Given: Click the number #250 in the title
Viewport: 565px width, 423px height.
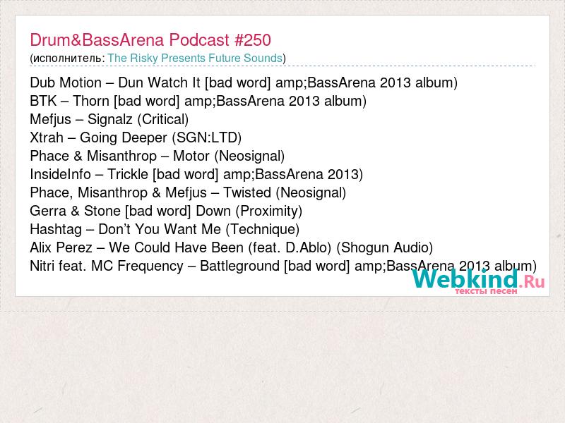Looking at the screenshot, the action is pos(253,40).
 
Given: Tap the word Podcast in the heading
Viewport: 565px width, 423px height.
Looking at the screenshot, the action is pos(199,40).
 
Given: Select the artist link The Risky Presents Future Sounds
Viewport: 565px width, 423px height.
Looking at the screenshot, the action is pos(195,58).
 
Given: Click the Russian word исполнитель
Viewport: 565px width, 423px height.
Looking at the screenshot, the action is pos(67,59).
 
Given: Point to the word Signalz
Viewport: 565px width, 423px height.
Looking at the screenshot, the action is pos(110,119).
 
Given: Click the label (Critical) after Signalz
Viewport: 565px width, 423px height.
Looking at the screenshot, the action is pos(163,119).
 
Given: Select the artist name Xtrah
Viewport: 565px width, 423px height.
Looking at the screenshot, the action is pos(47,137).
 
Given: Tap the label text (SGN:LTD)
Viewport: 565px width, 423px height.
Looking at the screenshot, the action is pos(207,137).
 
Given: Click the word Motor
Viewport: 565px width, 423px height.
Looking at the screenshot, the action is pos(191,156).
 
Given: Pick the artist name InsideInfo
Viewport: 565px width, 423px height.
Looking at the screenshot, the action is pos(61,174).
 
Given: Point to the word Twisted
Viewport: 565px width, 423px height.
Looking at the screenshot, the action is pos(247,192).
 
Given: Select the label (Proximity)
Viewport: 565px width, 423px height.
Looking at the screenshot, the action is pos(269,211).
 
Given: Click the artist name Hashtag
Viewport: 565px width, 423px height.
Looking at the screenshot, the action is pos(56,229).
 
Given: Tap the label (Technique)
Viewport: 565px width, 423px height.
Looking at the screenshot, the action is pos(263,229).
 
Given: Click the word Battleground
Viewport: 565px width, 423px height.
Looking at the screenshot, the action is pos(239,266).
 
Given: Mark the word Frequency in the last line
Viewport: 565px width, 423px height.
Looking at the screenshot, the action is pos(150,266).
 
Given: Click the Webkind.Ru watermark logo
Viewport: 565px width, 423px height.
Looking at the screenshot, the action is pos(479,281).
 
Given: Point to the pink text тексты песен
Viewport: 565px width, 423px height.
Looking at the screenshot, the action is pos(486,291).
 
